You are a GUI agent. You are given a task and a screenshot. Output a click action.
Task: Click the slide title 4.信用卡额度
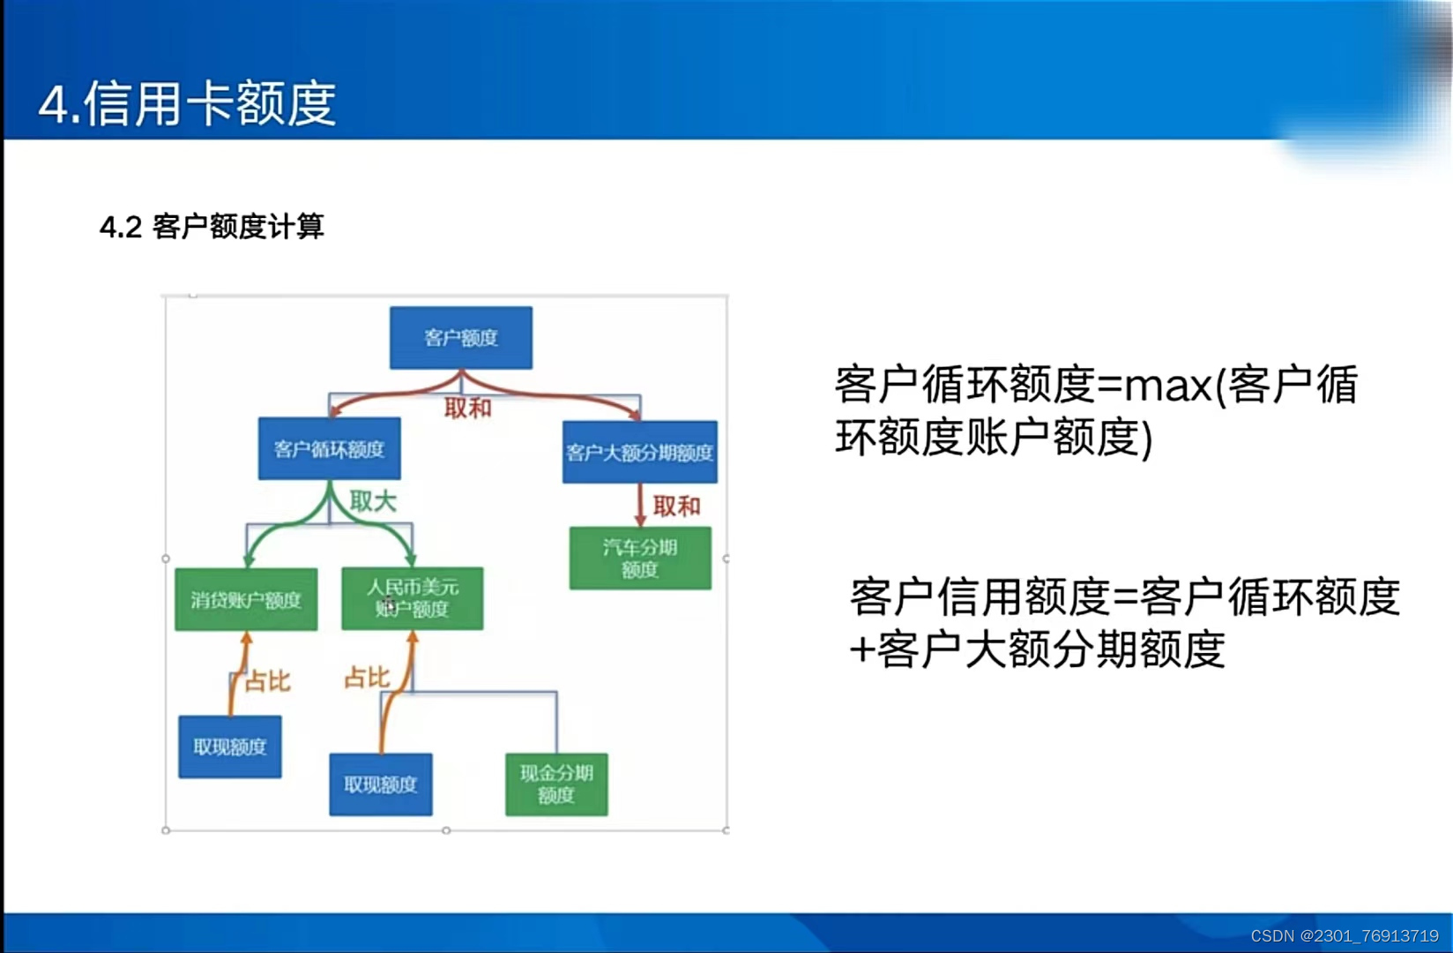[187, 104]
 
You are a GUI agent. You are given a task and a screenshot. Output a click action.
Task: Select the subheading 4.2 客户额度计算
[212, 227]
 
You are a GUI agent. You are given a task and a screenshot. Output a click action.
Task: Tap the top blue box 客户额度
[461, 338]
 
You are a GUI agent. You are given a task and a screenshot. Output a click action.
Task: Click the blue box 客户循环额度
[329, 449]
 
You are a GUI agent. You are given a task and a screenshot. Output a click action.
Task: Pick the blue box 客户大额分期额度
[639, 453]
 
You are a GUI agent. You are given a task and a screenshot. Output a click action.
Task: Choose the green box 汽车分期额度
[640, 559]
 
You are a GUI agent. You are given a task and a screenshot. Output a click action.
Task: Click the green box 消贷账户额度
[246, 600]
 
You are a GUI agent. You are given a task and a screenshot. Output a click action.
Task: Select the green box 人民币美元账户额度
[412, 598]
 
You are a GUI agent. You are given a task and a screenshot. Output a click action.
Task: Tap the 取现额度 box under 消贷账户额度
[229, 747]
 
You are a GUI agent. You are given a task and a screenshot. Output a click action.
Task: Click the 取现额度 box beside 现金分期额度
[380, 784]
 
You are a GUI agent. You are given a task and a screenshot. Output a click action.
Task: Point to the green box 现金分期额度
[556, 784]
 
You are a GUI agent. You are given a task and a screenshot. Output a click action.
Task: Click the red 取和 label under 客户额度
[467, 408]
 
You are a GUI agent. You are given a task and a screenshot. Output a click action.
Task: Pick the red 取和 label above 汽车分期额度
[676, 506]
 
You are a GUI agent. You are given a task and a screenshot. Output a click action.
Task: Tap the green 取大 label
[373, 501]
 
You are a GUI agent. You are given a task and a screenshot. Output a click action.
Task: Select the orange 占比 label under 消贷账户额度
[267, 680]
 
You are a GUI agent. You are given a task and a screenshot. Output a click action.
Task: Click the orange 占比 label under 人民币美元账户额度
[366, 678]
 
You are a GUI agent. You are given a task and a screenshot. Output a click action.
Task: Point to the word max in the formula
[1167, 386]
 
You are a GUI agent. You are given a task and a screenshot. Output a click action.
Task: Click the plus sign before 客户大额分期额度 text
[861, 650]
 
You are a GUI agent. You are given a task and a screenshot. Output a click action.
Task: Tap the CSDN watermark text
[1344, 936]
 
